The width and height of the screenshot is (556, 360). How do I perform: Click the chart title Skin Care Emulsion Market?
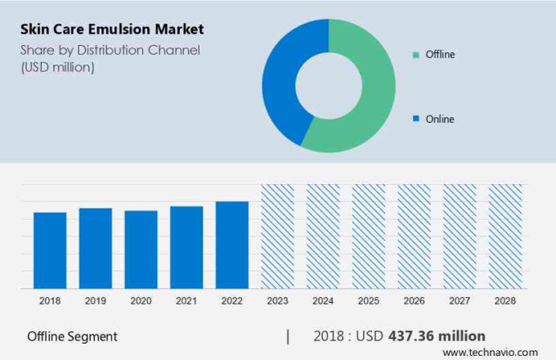(x=112, y=29)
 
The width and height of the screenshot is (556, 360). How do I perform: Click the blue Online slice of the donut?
(x=282, y=82)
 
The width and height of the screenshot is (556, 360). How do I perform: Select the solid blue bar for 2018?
(x=50, y=250)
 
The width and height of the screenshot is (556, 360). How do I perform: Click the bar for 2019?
(x=96, y=248)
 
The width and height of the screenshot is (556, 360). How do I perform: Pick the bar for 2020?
(x=141, y=249)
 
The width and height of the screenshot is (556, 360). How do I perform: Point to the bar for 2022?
(x=231, y=245)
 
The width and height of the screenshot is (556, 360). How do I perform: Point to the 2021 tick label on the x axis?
(x=186, y=301)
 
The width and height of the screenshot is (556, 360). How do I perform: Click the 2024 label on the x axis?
(x=322, y=301)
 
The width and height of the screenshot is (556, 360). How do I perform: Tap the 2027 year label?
(x=459, y=301)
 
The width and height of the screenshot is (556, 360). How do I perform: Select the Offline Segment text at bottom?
(x=72, y=336)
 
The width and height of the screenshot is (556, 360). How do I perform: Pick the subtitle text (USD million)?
(x=57, y=67)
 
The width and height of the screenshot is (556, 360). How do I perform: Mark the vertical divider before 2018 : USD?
(x=287, y=336)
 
